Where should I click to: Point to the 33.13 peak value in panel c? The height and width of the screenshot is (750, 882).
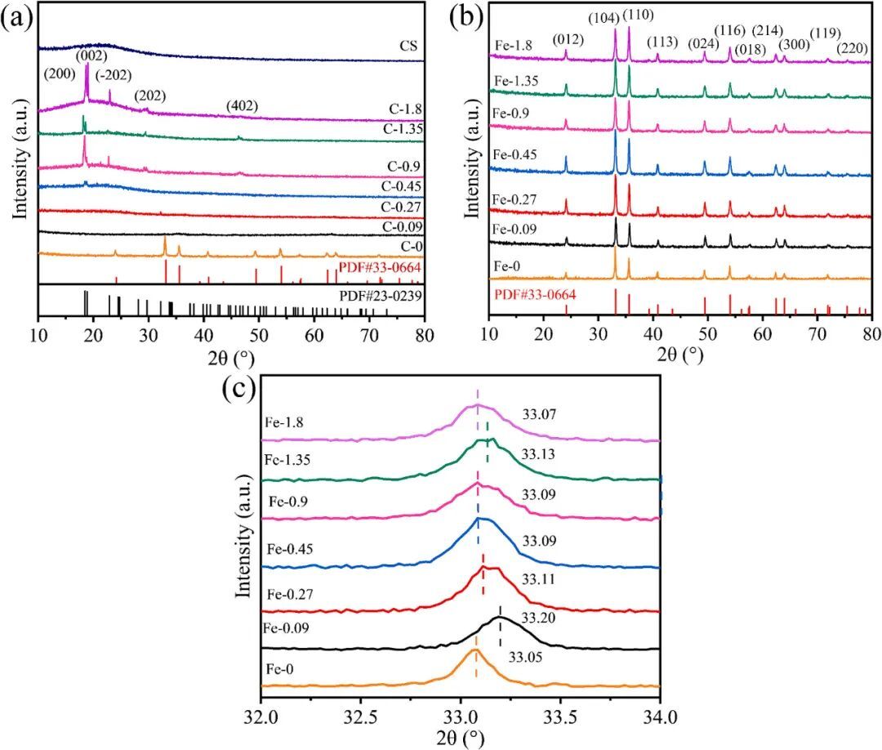tap(538, 454)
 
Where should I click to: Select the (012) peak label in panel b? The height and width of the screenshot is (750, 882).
tap(568, 38)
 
